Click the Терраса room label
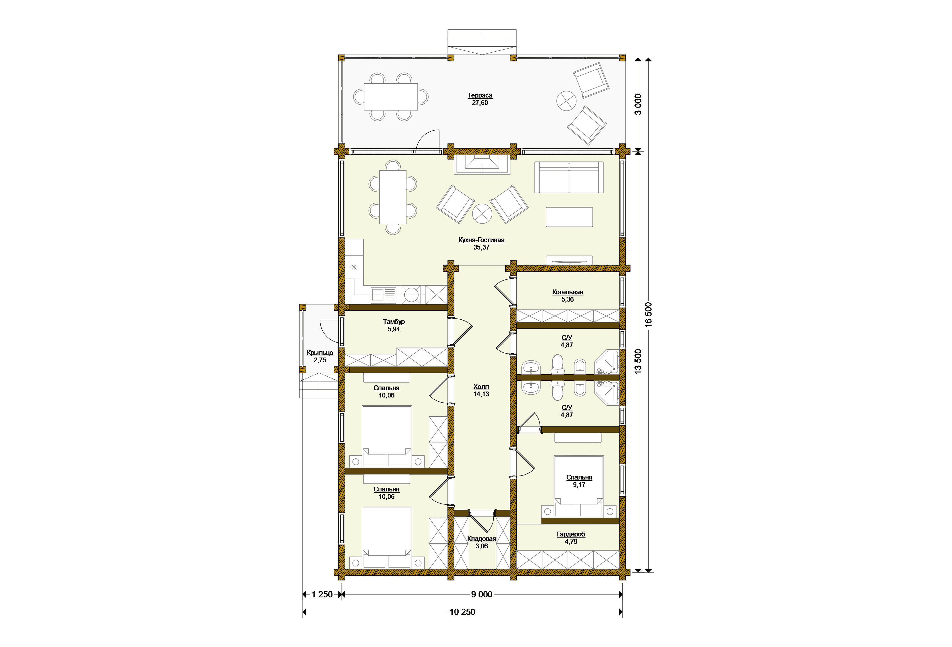pos(480,95)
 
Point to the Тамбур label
pos(394,322)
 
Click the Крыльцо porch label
pos(320,353)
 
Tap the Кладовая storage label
pos(482,539)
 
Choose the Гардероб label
pos(571,534)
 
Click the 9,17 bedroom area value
pos(579,485)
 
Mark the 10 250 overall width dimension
pos(462,612)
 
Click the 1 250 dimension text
pos(322,594)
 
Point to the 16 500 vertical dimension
pos(649,314)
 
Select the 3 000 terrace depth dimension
pos(638,104)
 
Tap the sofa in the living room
pos(569,177)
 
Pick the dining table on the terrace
pos(391,97)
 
